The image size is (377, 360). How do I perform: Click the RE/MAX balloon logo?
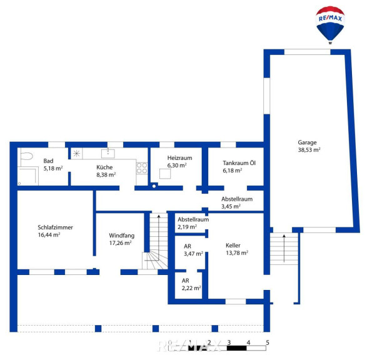330,25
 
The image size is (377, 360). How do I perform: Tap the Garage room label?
307,142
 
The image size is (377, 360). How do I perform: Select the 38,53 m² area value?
309,150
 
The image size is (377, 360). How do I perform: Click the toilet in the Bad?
26,156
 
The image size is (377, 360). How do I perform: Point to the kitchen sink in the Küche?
108,154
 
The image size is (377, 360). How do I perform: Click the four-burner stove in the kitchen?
142,168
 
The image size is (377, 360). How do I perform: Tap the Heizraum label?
179,158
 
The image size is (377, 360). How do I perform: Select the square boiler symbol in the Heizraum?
165,174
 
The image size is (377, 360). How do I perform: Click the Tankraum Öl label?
239,163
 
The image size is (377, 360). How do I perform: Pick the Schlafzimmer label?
55,227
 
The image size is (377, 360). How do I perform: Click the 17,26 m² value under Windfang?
120,243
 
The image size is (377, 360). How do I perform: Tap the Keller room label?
233,246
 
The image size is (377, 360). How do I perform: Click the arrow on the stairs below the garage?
284,248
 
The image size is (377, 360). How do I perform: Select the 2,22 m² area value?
191,288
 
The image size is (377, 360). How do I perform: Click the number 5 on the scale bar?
268,342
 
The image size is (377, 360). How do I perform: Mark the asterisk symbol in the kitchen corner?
76,153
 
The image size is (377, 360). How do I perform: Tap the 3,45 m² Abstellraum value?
231,206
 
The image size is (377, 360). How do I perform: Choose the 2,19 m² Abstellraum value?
188,227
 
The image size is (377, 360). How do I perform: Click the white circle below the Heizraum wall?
154,186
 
